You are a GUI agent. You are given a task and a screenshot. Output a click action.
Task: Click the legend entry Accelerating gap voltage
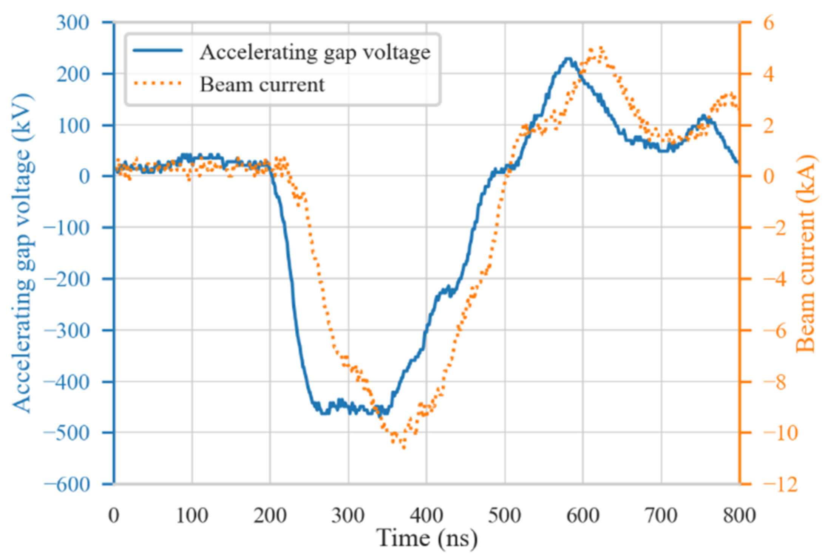click(315, 53)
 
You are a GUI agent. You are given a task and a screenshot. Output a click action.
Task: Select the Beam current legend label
click(262, 85)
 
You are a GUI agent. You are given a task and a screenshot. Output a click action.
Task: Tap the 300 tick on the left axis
click(73, 23)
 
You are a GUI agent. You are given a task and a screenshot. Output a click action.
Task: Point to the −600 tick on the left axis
click(67, 484)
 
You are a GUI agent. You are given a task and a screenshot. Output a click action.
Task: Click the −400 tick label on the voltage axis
click(67, 382)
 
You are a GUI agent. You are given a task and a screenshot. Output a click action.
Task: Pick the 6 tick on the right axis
click(768, 23)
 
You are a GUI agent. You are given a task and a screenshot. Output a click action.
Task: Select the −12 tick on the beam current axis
click(780, 484)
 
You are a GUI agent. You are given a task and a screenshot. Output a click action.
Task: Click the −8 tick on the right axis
click(774, 382)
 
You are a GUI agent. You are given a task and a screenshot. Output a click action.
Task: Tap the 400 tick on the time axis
click(426, 515)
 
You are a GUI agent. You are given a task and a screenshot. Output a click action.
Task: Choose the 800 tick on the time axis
click(739, 515)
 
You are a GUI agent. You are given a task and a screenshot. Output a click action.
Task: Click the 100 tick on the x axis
click(192, 515)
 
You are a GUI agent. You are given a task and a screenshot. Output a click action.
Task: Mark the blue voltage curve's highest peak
click(568, 59)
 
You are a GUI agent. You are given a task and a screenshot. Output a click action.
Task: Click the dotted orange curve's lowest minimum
click(404, 448)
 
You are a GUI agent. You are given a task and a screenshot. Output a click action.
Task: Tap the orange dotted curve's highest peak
click(601, 48)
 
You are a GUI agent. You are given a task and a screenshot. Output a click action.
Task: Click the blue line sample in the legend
click(158, 51)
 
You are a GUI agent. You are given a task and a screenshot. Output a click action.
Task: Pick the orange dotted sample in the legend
click(158, 84)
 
